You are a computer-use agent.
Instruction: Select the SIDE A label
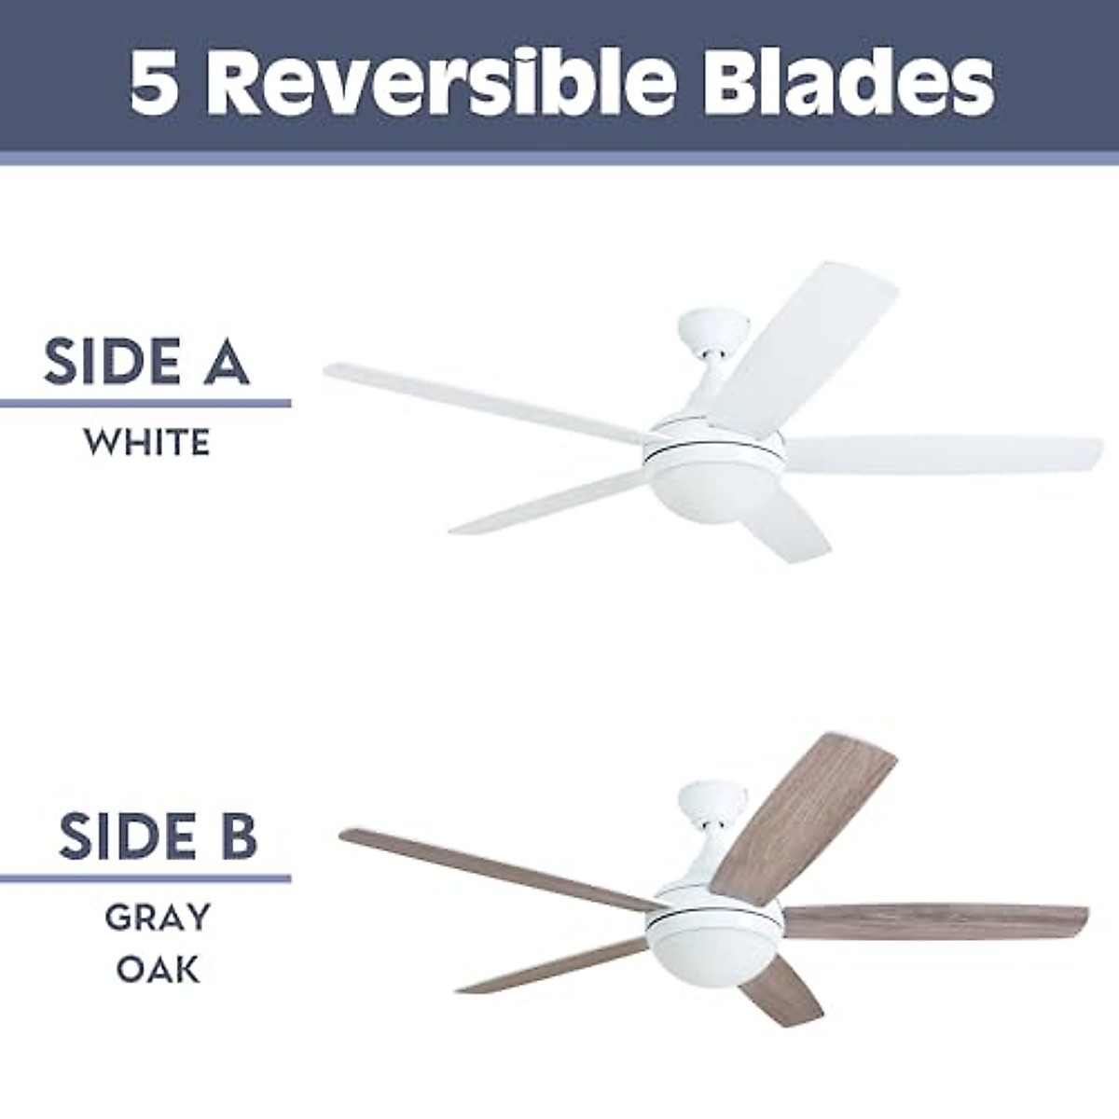click(146, 364)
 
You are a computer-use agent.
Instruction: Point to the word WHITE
click(146, 443)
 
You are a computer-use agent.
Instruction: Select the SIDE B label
click(157, 836)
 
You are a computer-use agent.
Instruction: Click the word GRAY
click(158, 918)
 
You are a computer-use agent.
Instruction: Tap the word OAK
click(158, 969)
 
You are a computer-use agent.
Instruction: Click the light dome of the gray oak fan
click(713, 960)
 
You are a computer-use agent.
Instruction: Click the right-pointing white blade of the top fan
click(942, 455)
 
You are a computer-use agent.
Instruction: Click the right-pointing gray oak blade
click(932, 923)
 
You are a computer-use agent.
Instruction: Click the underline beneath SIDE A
click(145, 404)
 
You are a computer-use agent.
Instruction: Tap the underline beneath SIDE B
click(145, 877)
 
